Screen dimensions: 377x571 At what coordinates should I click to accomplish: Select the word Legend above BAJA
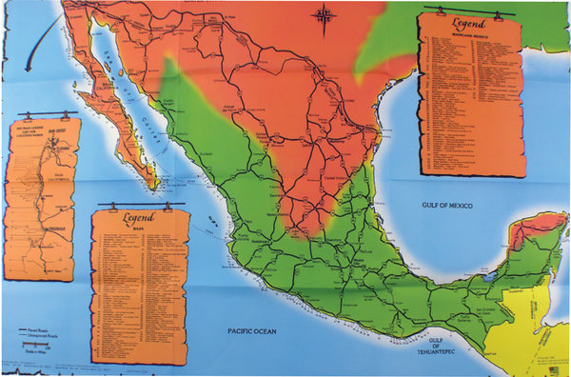click(x=140, y=217)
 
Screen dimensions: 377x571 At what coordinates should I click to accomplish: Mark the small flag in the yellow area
click(x=551, y=367)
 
